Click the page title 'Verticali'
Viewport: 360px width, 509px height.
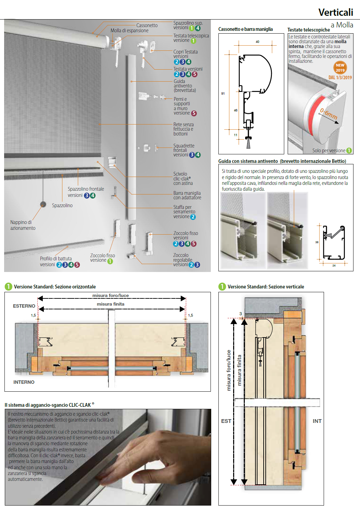[x=335, y=12]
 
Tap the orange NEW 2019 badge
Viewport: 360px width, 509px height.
[x=340, y=68]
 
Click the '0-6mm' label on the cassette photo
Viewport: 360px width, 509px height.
[x=328, y=114]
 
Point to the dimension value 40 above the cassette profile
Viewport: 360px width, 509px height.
[x=257, y=42]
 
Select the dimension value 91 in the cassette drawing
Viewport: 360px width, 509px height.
[x=223, y=93]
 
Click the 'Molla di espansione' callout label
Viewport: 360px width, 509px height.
[x=129, y=31]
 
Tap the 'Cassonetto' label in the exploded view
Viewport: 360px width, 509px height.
[x=147, y=25]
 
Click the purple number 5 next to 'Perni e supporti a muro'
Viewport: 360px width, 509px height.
[x=194, y=113]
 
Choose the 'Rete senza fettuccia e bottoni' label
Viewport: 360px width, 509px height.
[x=183, y=129]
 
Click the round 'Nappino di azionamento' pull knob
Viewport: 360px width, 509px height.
[x=43, y=204]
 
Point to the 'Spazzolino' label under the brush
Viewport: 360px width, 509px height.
[x=62, y=205]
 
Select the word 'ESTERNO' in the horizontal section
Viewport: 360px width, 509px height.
[x=24, y=306]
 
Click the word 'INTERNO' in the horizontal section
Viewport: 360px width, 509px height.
[x=24, y=382]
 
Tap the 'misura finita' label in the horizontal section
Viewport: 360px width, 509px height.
[x=110, y=304]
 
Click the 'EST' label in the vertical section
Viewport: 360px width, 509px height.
[x=226, y=421]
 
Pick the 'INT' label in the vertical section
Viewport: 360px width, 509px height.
[x=317, y=421]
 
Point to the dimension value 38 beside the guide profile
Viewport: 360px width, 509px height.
[x=317, y=242]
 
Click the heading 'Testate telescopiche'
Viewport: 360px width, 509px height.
[x=309, y=30]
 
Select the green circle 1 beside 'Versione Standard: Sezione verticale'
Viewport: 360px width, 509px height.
[x=222, y=286]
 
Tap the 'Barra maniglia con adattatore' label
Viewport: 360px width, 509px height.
[x=187, y=195]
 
